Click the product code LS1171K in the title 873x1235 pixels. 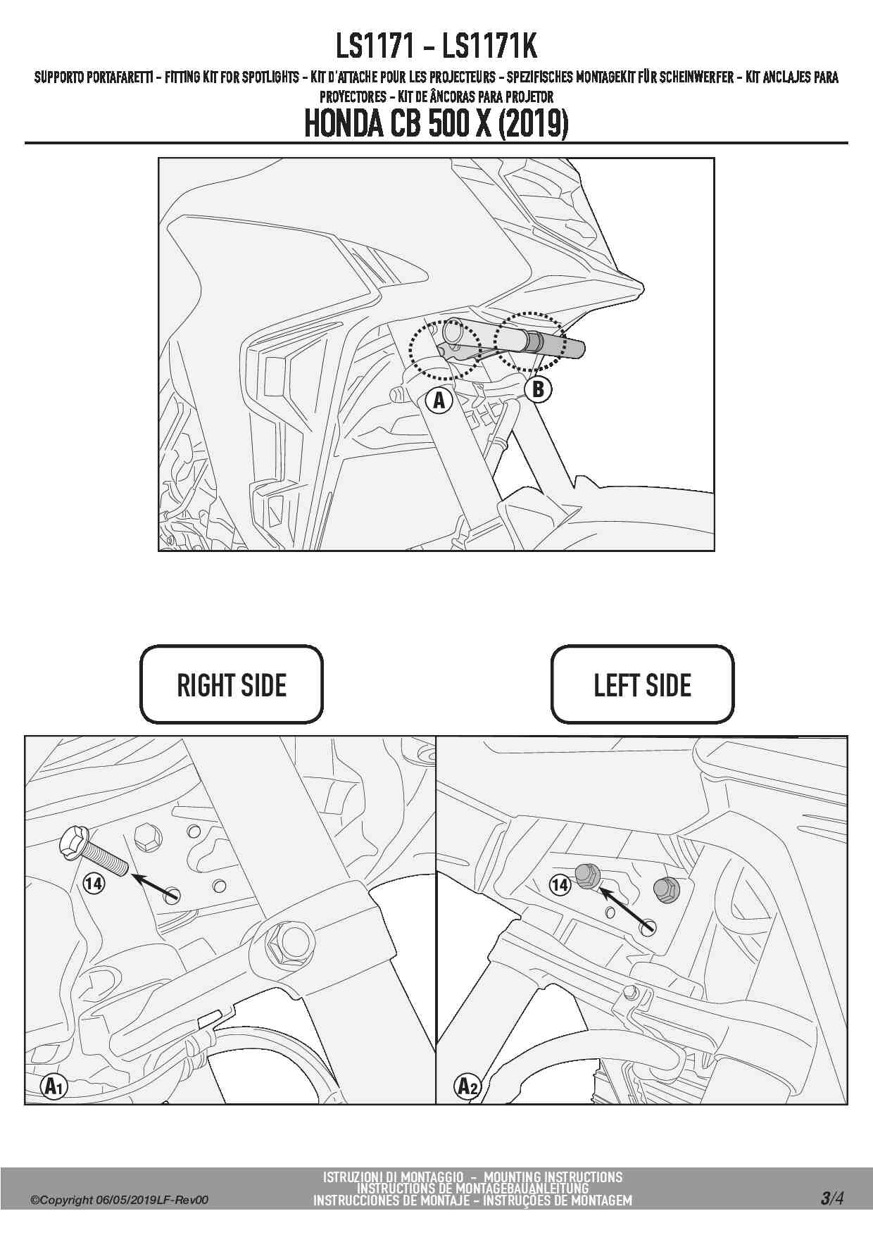click(x=489, y=46)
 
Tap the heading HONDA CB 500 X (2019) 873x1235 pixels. click(x=436, y=124)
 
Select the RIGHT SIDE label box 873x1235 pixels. click(x=232, y=684)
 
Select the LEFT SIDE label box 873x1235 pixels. click(x=642, y=684)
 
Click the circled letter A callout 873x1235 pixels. click(x=439, y=401)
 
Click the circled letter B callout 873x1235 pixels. click(x=539, y=389)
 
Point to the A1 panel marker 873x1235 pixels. click(x=54, y=1086)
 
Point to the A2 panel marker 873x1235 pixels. click(x=467, y=1086)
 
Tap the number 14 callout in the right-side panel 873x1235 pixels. click(x=94, y=882)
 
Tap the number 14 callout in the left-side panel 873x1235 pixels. click(x=560, y=884)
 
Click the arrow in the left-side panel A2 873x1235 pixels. click(x=626, y=911)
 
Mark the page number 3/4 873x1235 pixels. click(x=831, y=1198)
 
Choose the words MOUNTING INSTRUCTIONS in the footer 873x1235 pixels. click(x=553, y=1177)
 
